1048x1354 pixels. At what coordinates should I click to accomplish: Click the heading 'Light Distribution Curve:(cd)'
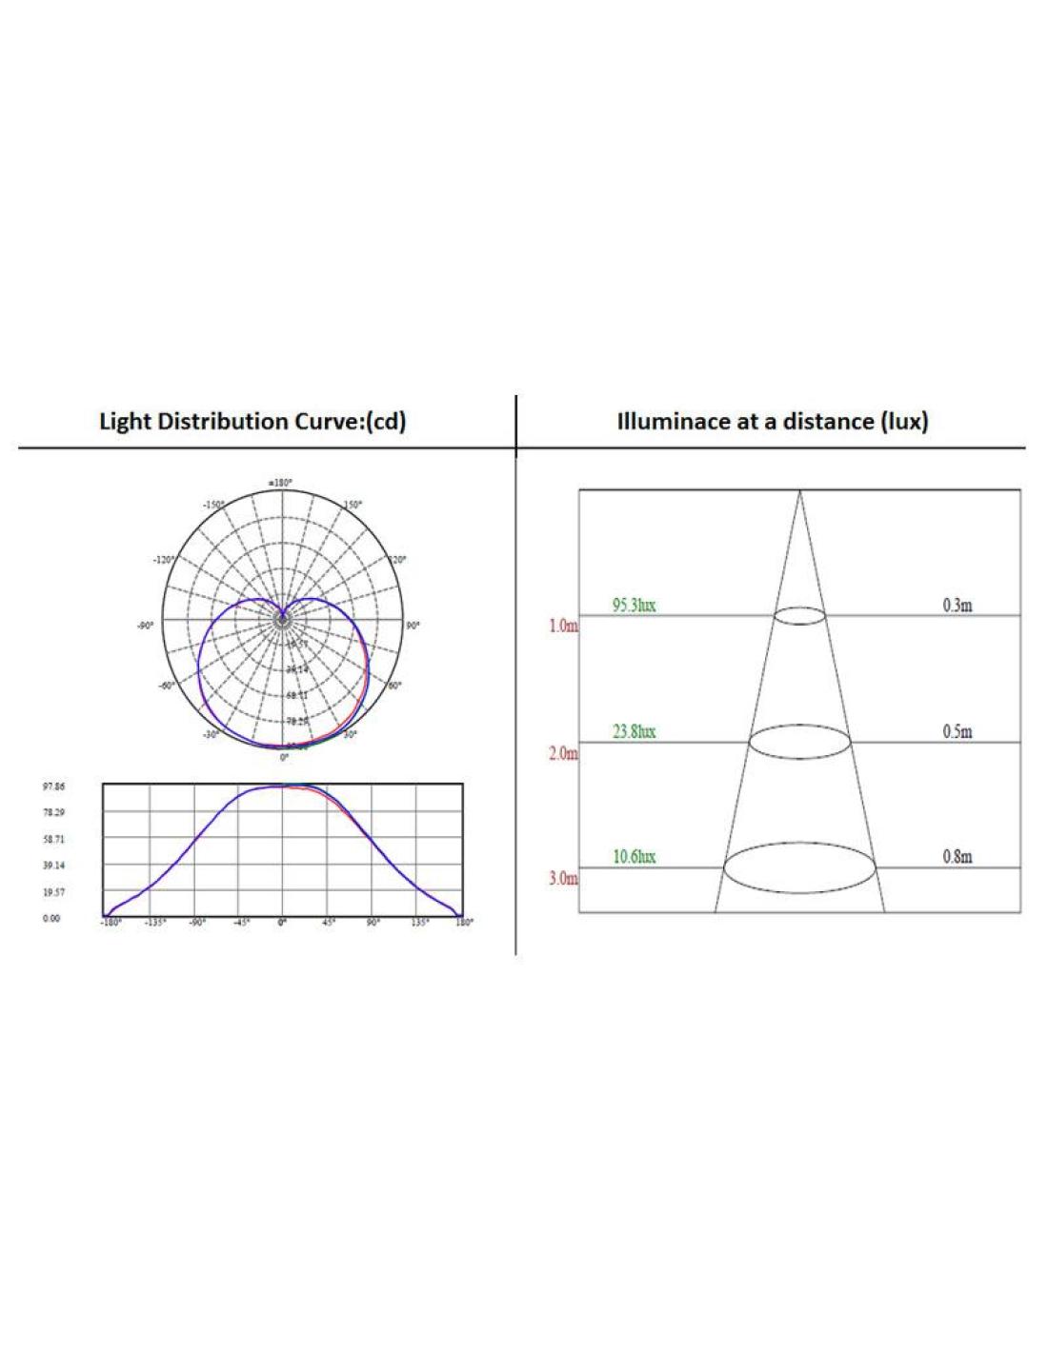coord(252,422)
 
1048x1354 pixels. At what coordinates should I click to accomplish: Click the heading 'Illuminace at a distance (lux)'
coord(773,422)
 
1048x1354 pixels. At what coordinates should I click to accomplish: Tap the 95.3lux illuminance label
coord(634,606)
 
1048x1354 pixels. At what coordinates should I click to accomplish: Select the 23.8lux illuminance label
coord(634,731)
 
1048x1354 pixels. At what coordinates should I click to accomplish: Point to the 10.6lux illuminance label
coord(634,857)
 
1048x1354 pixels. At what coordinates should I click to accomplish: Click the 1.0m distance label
coord(563,627)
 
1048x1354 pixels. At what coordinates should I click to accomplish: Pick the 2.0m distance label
coord(563,753)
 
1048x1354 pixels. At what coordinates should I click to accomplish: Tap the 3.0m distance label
coord(563,878)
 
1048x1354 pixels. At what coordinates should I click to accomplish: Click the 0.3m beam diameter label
coord(957,606)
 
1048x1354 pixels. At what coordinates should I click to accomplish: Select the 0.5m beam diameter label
coord(957,731)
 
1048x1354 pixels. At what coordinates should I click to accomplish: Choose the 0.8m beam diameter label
coord(957,857)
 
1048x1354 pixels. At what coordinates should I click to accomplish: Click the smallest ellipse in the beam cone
coord(798,615)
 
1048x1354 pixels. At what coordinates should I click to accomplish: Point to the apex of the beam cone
coord(799,491)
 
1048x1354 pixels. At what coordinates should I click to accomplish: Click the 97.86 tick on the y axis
coord(53,787)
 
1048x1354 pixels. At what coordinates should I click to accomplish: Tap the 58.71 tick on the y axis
coord(53,840)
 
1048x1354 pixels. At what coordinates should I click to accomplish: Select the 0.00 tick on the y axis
coord(52,919)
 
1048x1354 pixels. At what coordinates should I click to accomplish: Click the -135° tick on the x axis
coord(154,923)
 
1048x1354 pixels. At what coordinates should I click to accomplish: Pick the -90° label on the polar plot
coord(145,627)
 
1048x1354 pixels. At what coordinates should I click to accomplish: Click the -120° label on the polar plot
coord(164,560)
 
